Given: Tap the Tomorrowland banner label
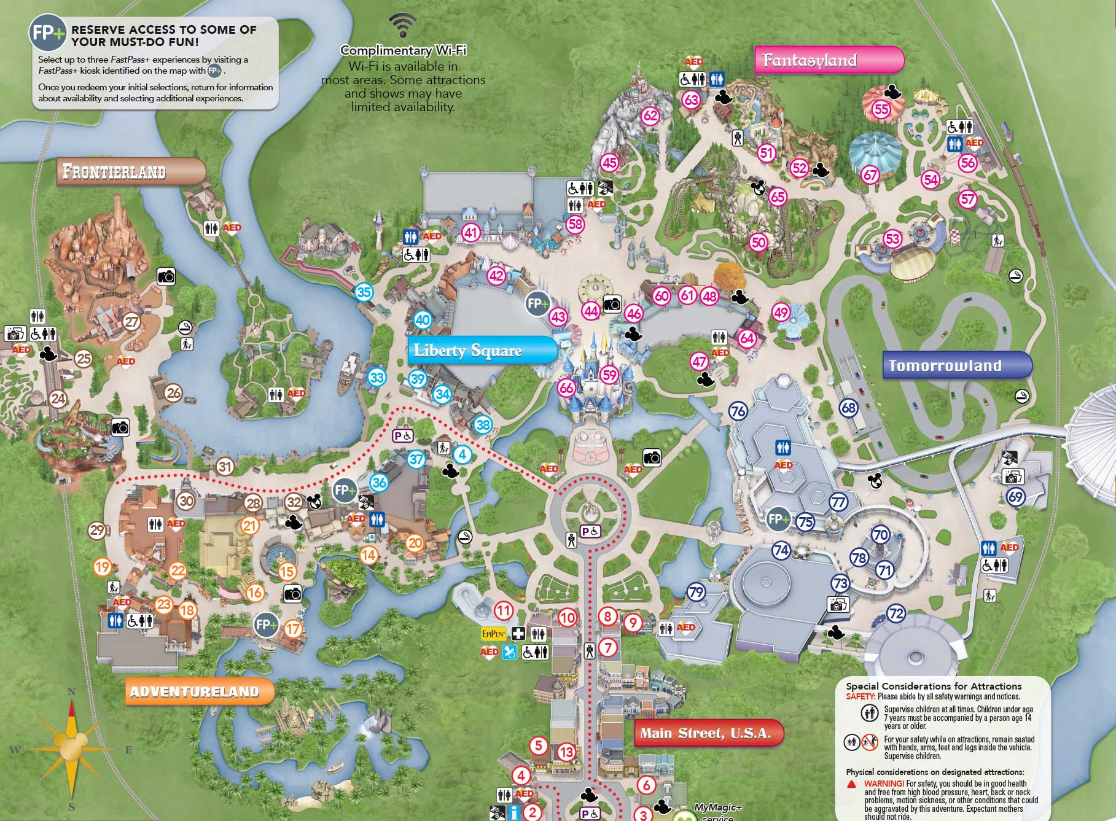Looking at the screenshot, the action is (956, 366).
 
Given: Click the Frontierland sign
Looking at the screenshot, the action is (130, 171).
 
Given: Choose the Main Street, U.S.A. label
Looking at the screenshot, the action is (708, 733).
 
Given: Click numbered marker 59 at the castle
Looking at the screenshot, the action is (609, 375).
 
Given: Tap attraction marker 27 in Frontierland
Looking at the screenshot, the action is (132, 321).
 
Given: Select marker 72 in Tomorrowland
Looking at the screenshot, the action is (896, 613).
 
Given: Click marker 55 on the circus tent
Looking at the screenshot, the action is (881, 109).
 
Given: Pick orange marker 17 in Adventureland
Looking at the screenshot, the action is (293, 628).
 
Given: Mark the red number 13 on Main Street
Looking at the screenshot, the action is (566, 752).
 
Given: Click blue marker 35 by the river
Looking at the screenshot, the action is (364, 292).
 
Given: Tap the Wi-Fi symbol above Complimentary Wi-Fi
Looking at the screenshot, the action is (402, 25).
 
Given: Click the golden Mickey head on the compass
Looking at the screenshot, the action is (71, 741).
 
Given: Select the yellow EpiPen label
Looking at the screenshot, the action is (494, 633).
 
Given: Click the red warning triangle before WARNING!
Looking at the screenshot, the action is (852, 784).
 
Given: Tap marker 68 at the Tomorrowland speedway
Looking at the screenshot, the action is (848, 407).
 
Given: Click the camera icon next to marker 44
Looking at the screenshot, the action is (612, 303).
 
